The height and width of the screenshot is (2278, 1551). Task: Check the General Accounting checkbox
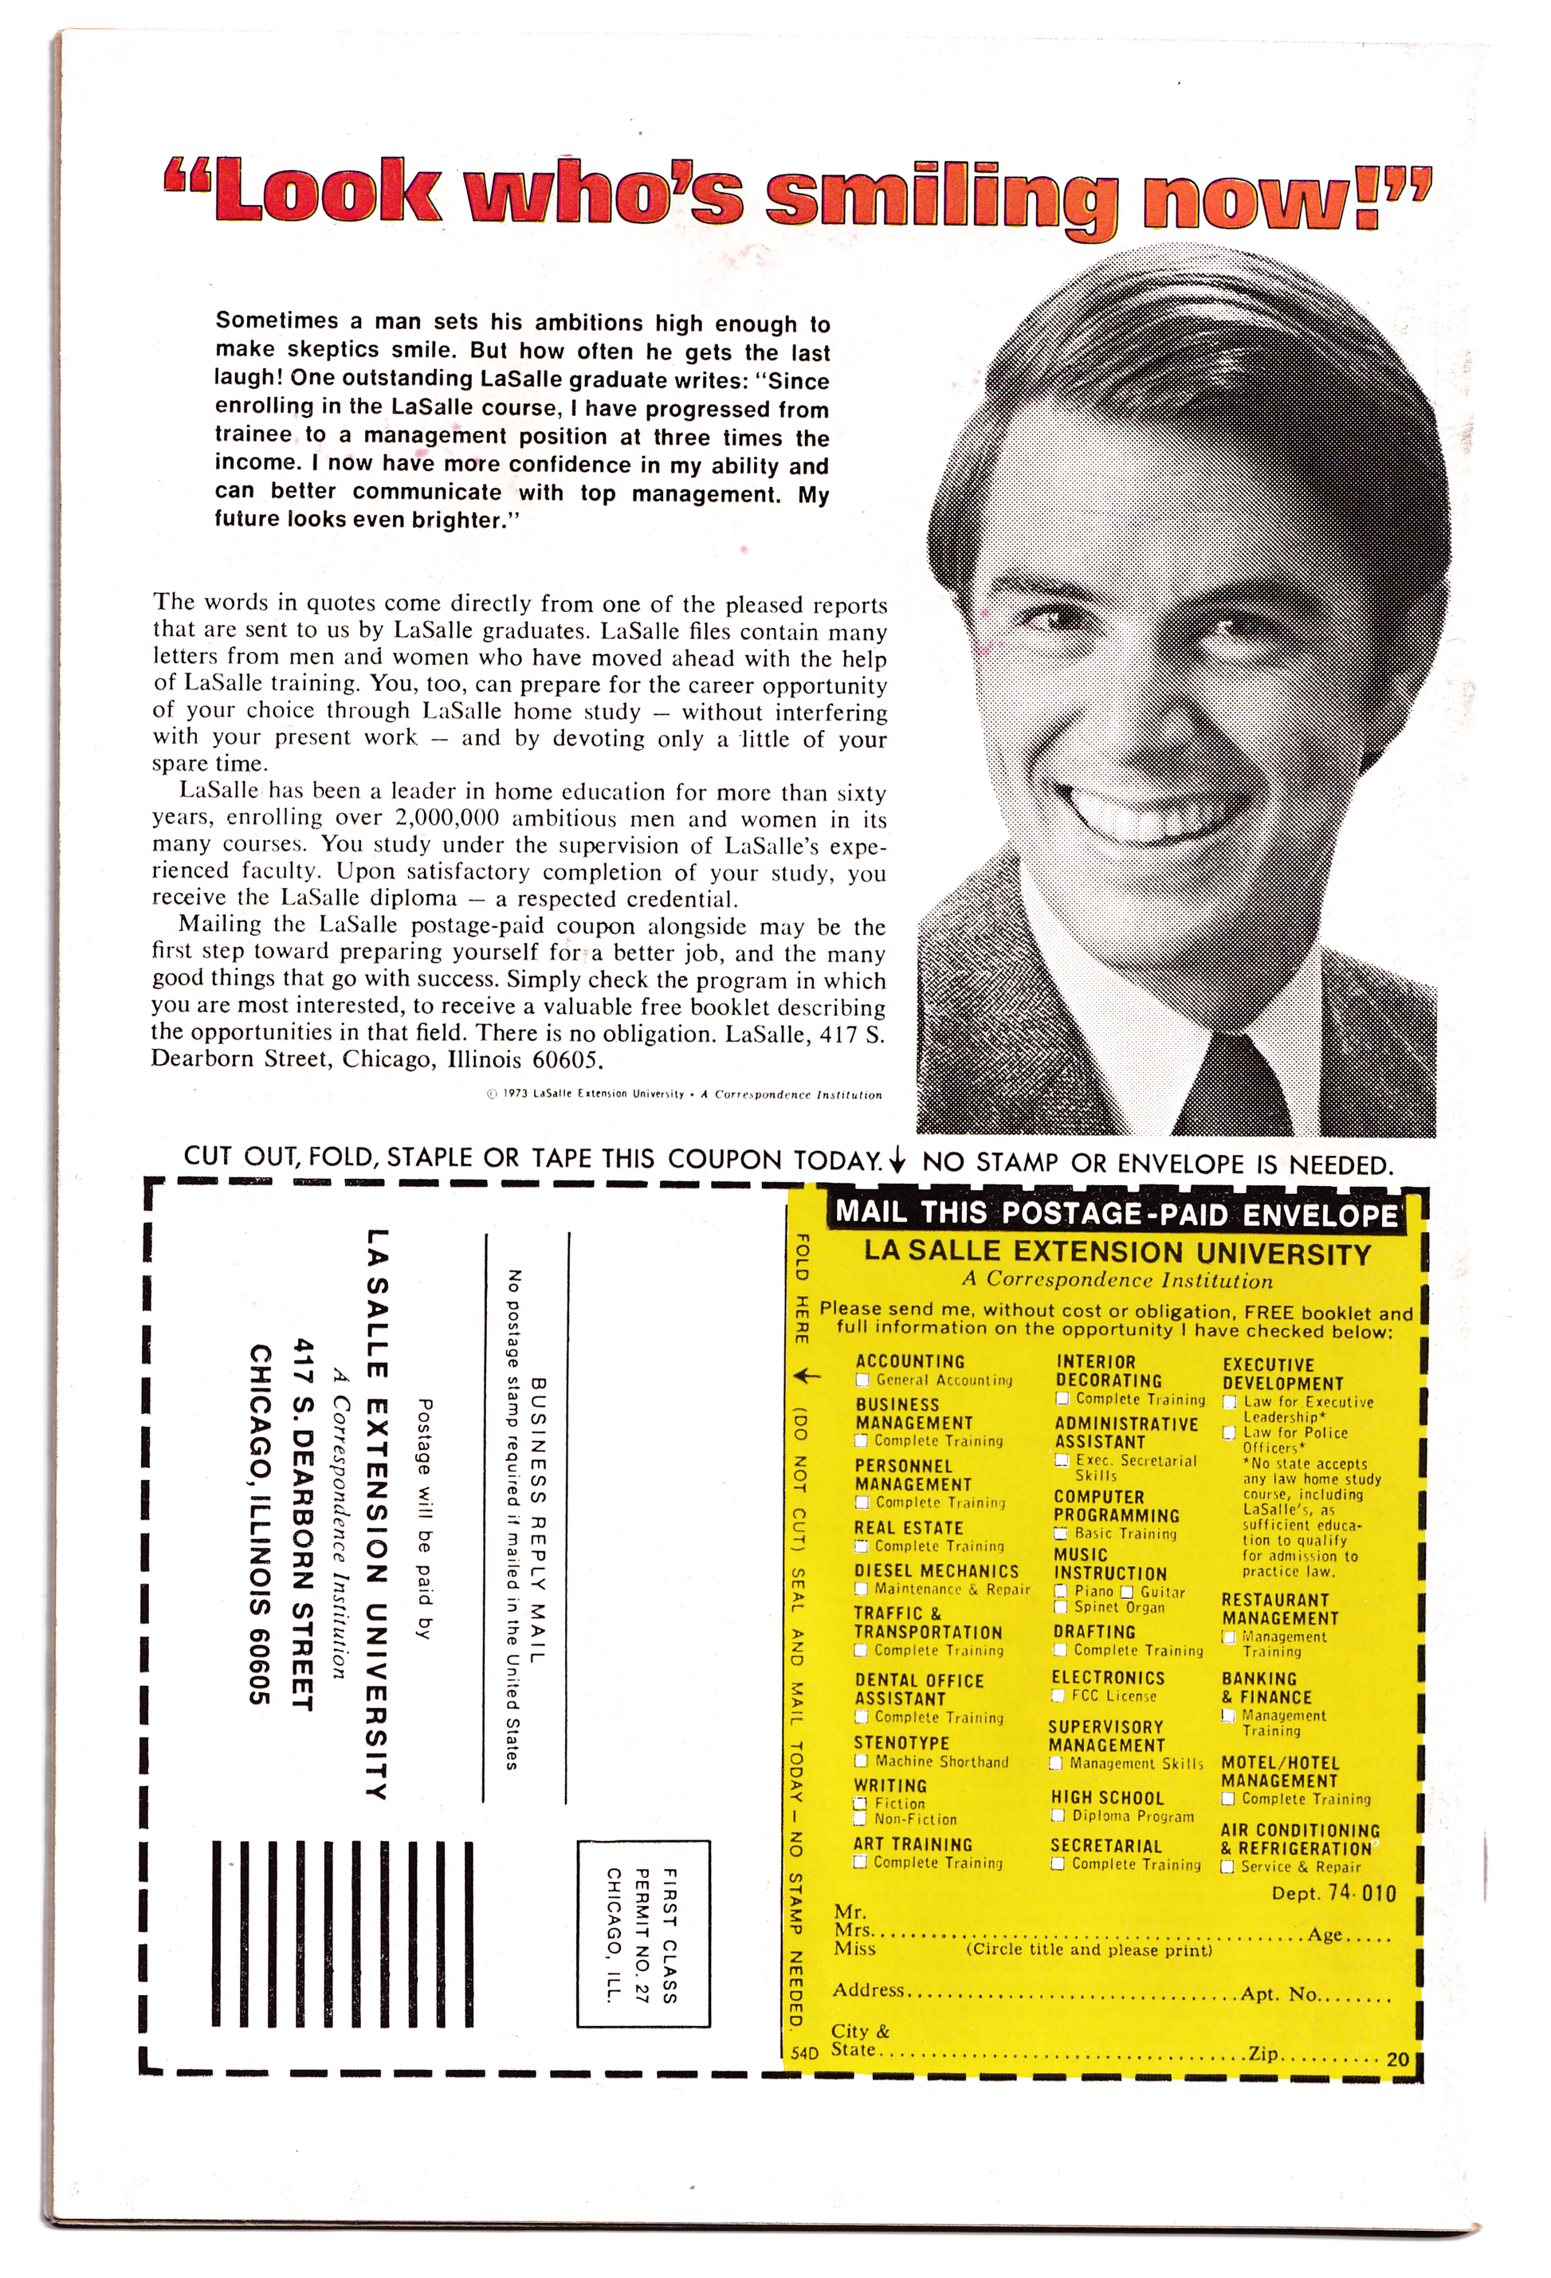[x=862, y=1381]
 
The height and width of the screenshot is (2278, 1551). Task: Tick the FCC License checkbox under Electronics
[x=1058, y=1696]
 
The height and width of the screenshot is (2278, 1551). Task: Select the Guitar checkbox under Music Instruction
[x=1126, y=1592]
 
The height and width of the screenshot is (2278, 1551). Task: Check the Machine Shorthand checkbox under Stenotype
[x=862, y=1762]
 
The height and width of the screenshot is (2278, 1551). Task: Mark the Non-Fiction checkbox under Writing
[x=861, y=1819]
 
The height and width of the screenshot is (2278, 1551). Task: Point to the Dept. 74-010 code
[x=1333, y=1893]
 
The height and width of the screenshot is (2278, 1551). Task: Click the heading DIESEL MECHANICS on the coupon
[x=936, y=1571]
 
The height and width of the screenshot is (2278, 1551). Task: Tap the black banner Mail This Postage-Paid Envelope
[x=1116, y=1213]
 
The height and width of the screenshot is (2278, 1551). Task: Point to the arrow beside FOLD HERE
[x=804, y=1377]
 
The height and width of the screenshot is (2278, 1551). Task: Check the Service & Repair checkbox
[x=1227, y=1868]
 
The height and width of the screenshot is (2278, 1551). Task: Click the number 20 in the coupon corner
[x=1397, y=2060]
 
